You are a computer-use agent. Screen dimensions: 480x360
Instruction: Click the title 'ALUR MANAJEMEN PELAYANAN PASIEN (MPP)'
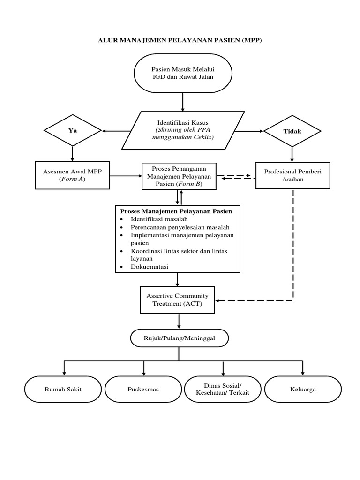pyautogui.click(x=180, y=41)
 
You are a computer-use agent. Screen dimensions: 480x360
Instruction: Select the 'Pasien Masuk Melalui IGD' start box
pyautogui.click(x=183, y=73)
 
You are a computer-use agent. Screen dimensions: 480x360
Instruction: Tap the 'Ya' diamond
pyautogui.click(x=72, y=131)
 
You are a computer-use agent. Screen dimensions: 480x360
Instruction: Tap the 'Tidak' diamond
pyautogui.click(x=292, y=131)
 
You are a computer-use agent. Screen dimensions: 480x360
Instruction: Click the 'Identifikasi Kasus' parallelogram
pyautogui.click(x=183, y=130)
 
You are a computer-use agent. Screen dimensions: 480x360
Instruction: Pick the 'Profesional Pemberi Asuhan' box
pyautogui.click(x=292, y=175)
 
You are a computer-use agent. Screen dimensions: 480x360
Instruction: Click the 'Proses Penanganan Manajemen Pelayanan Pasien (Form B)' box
pyautogui.click(x=179, y=176)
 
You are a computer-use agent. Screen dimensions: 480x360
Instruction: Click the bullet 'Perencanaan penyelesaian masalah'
pyautogui.click(x=180, y=227)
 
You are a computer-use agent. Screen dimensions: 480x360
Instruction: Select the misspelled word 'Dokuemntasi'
pyautogui.click(x=150, y=266)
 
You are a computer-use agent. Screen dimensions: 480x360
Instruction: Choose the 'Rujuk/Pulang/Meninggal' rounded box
pyautogui.click(x=179, y=337)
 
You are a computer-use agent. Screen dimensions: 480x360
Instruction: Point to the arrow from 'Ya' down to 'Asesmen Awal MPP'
pyautogui.click(x=72, y=153)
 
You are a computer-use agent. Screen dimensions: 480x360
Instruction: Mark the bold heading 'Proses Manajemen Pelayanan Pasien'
pyautogui.click(x=179, y=211)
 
